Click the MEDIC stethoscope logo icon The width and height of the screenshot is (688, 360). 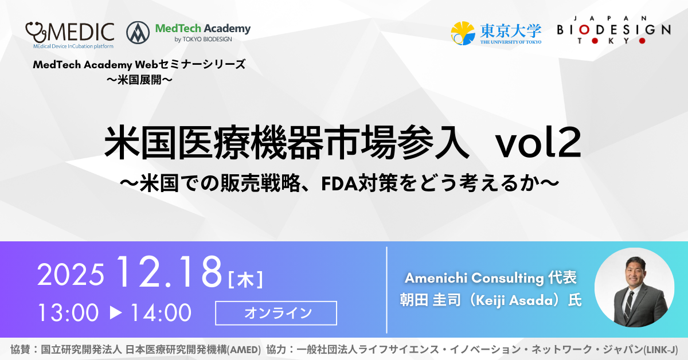36,32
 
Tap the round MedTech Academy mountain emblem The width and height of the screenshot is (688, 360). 138,33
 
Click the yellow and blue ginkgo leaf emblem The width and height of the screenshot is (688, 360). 463,33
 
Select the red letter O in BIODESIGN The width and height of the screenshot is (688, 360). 584,30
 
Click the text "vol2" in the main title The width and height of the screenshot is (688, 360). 538,143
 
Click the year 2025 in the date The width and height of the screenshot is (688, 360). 71,275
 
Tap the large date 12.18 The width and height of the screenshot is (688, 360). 169,272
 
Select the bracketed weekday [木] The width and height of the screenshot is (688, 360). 245,279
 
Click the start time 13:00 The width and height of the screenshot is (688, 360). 68,312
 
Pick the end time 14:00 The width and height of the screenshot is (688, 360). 161,312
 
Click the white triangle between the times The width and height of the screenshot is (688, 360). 116,312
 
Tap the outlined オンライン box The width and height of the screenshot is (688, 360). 276,313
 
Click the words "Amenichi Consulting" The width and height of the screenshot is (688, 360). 474,278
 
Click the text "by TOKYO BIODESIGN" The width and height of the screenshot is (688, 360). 203,40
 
